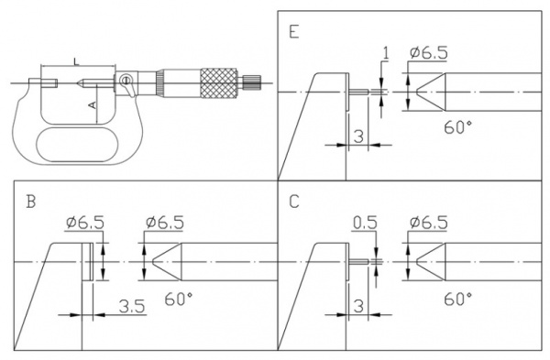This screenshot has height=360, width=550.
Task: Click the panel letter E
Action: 294,31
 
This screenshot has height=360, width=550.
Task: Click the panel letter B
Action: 31,202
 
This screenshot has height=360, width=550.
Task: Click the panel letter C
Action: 294,202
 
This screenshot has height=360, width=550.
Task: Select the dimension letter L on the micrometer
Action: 76,62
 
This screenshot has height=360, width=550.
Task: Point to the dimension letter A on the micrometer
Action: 93,105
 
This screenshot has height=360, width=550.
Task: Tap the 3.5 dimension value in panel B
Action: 132,306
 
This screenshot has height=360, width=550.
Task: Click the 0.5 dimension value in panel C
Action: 365,223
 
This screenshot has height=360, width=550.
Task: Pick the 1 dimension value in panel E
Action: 386,53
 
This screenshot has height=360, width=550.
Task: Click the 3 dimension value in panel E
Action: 358,136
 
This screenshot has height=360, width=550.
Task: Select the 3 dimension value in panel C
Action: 358,306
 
